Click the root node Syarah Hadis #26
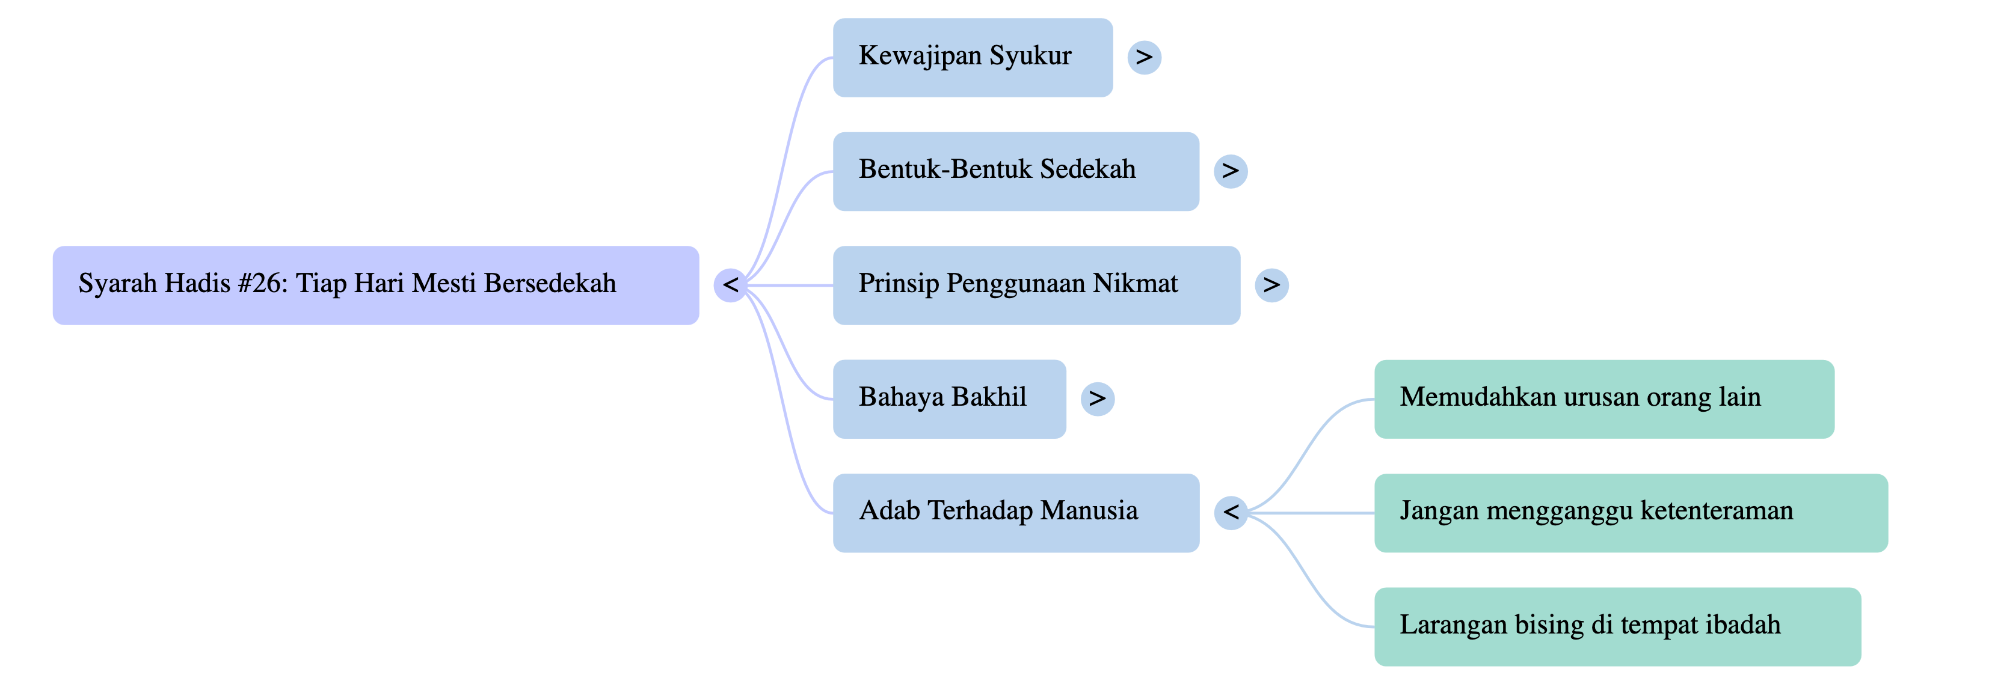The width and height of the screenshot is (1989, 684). click(375, 285)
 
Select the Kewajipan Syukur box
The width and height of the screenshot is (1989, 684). click(972, 57)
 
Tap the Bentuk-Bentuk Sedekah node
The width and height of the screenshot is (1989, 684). click(1015, 171)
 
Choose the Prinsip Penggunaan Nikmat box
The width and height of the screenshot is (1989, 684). click(1036, 285)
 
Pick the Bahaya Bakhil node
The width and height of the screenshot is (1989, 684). click(949, 398)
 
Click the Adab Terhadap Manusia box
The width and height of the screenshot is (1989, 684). click(1015, 513)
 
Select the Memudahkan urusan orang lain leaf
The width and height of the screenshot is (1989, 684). click(1603, 398)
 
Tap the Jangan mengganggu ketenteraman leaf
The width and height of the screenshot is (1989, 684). click(1630, 513)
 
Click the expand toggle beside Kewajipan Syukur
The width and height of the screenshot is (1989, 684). click(1143, 57)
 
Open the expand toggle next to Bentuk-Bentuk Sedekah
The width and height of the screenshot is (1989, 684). click(1230, 171)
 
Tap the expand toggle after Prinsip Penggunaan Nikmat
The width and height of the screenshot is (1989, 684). click(1271, 285)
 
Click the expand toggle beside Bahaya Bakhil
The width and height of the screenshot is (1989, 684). click(1097, 398)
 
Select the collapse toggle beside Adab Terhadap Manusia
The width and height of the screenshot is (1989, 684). click(1230, 513)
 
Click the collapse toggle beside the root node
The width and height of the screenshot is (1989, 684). click(730, 285)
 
